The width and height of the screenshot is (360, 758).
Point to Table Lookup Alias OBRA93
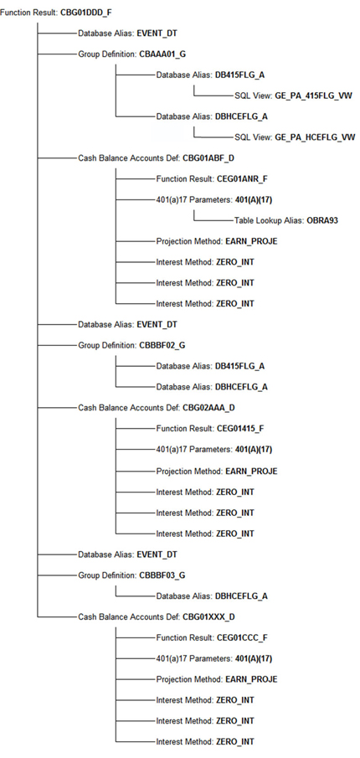pos(285,220)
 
